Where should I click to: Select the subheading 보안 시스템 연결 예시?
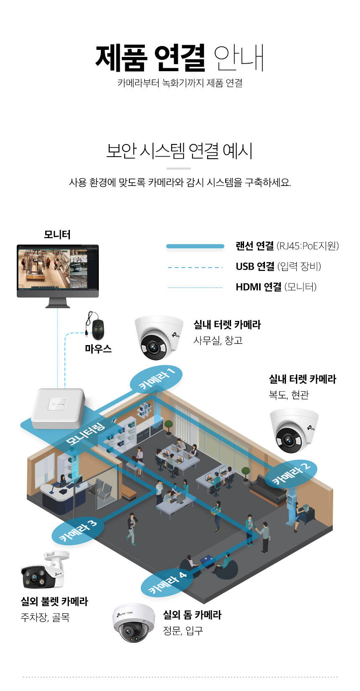coord(180,151)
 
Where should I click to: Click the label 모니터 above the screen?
coord(57,235)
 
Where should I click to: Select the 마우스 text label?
coord(98,349)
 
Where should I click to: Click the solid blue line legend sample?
coord(195,246)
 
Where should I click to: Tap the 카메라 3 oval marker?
coord(77,530)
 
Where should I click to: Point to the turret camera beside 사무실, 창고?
coord(158,337)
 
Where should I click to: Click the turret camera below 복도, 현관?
coord(293,430)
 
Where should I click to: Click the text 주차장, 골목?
coord(45,617)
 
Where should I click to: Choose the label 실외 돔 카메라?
coord(192,615)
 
